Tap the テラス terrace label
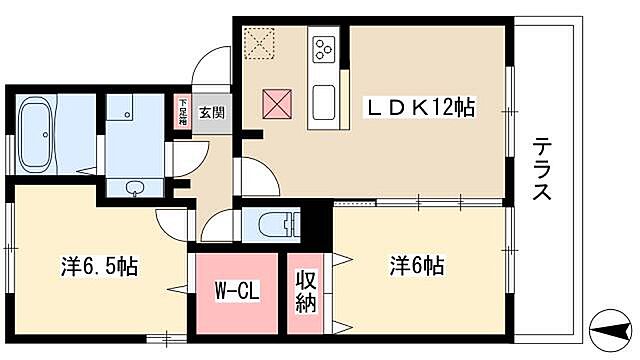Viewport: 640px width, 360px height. (542, 169)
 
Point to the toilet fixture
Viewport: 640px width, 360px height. (275, 221)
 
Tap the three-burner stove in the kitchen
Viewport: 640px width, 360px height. (326, 47)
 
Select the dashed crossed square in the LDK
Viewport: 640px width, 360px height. (262, 42)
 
